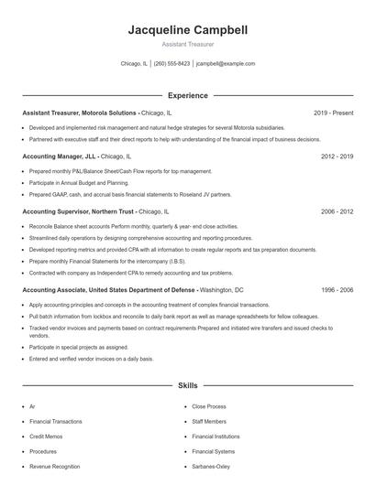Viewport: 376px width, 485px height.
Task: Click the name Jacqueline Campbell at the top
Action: [188, 30]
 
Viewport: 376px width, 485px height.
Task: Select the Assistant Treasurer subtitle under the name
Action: [188, 44]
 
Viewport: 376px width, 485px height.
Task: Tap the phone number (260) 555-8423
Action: [171, 64]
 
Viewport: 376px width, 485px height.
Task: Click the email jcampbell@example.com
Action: [226, 64]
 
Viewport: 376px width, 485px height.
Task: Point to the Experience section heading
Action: [188, 95]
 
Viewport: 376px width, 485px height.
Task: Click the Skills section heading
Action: [188, 387]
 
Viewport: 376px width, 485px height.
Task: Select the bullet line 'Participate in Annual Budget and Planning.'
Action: [79, 182]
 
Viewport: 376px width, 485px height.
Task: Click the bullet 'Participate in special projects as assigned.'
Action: [80, 347]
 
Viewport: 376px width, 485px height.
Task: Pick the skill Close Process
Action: [209, 406]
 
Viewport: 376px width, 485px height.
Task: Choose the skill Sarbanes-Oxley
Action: [212, 466]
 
